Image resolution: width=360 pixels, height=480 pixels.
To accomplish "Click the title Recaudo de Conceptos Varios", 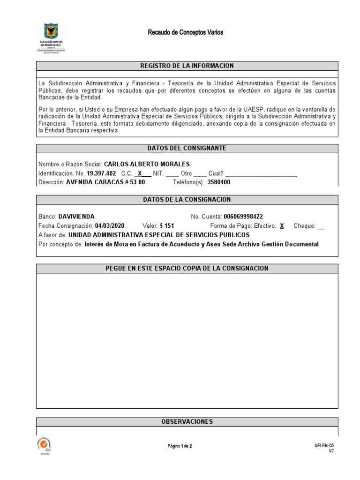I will click(186, 32).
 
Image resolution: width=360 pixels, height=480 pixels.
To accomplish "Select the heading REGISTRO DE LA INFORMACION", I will click(187, 66).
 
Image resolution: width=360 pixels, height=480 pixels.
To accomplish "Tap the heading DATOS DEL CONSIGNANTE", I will click(187, 148).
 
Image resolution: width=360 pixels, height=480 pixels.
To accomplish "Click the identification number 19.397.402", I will click(101, 173).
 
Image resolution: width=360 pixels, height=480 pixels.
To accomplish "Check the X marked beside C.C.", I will click(140, 173).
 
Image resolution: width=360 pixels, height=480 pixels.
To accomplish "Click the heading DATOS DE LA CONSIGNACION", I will click(187, 200).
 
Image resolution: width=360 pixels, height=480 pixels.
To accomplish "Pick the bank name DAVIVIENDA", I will click(76, 217).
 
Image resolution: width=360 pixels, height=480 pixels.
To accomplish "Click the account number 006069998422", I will click(243, 217).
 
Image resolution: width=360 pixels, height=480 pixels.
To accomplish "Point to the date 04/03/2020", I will click(110, 225).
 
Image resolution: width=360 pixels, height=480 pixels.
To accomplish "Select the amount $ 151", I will click(167, 225).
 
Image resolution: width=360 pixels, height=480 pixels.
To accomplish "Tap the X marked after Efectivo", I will click(282, 225).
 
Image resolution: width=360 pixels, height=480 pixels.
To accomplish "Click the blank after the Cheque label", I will click(321, 226).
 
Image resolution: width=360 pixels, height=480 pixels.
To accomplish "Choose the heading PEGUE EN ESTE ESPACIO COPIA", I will click(187, 268).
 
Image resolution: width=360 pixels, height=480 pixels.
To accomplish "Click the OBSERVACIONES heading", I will click(187, 422).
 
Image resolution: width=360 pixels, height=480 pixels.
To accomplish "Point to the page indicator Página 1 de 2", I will click(180, 446).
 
